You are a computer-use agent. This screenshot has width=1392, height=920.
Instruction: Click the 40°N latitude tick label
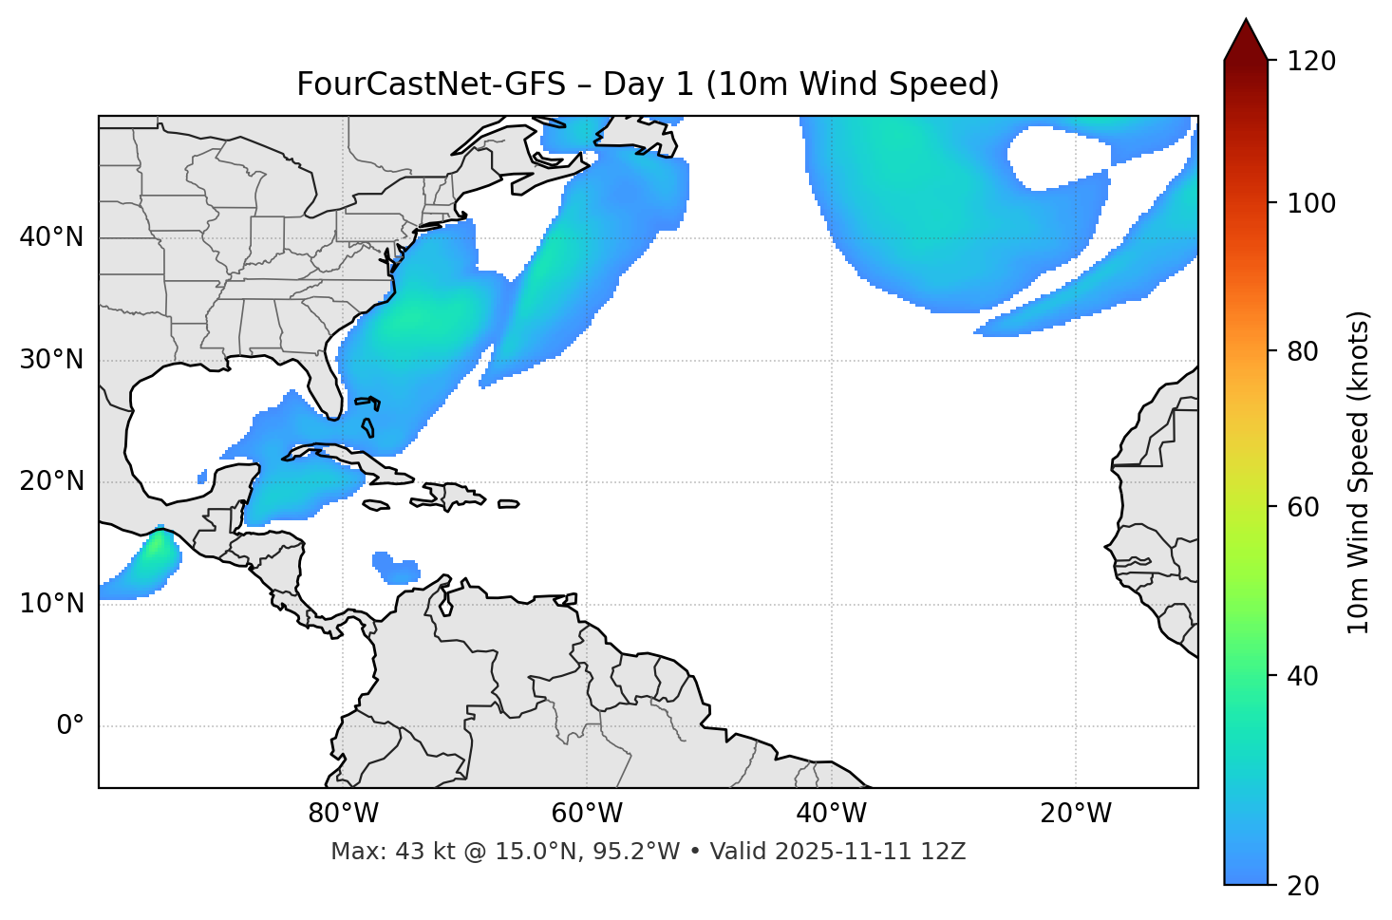[51, 236]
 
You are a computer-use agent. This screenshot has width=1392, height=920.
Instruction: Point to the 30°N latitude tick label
[51, 360]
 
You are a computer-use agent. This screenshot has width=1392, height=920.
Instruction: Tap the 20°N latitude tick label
[51, 481]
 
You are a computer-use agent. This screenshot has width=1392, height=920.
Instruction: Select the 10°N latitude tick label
[51, 604]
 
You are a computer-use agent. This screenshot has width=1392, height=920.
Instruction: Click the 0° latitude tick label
[70, 726]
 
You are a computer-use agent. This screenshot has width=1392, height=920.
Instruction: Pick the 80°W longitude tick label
[343, 814]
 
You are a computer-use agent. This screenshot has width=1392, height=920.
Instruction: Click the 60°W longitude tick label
[587, 814]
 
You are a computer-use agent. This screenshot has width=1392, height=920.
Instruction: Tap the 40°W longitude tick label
[831, 814]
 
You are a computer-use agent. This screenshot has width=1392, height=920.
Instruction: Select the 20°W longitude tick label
[1076, 814]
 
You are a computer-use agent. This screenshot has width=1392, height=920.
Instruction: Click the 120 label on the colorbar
[1311, 61]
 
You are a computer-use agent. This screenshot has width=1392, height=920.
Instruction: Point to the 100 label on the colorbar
[1311, 203]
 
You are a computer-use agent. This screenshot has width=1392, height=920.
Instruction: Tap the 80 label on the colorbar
[1304, 351]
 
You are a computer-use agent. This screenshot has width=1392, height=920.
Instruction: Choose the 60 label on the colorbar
[1304, 507]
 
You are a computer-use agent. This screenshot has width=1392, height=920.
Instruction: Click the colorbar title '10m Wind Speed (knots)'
[1359, 472]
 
